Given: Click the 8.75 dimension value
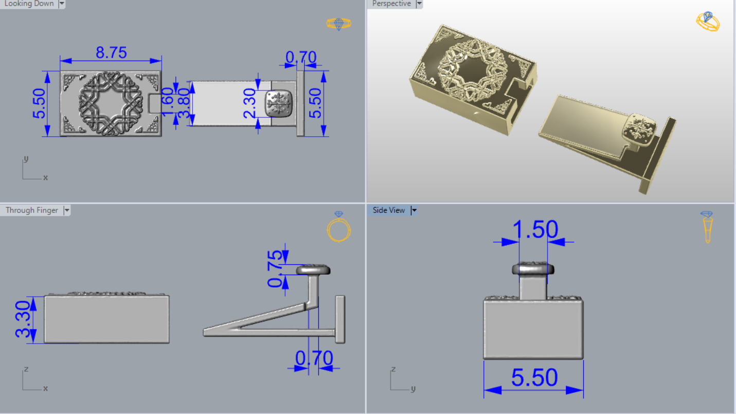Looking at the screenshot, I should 111,52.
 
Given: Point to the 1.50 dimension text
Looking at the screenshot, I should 535,229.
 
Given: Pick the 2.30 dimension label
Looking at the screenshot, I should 249,103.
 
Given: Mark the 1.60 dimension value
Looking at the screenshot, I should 167,102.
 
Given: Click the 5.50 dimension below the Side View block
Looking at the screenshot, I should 534,378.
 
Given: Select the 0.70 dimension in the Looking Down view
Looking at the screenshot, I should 301,57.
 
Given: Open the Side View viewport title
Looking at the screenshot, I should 389,210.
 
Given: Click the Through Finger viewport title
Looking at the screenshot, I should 32,210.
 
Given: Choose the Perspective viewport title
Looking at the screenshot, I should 391,4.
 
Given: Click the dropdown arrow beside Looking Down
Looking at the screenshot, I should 62,4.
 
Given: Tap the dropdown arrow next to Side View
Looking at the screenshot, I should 414,210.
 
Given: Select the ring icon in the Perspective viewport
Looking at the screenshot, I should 708,22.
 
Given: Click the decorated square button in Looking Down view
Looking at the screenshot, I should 279,104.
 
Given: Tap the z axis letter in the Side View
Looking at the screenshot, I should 393,369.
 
